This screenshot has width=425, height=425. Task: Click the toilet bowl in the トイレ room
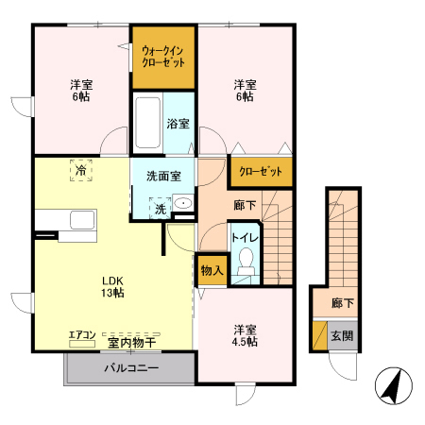point(246,262)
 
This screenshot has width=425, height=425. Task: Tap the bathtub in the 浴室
point(147,123)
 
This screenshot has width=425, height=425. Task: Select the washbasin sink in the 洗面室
point(183,203)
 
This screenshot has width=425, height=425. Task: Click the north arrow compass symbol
point(394,385)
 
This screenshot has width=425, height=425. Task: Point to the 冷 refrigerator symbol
point(81,170)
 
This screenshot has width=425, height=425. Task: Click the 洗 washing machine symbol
point(161,209)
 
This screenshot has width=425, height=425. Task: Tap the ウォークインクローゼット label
point(163,57)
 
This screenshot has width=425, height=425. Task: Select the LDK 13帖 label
point(112,287)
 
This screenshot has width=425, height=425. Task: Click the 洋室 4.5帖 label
point(245,335)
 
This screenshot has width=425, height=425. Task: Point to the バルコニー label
point(131,367)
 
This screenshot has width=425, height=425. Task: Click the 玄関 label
point(342,336)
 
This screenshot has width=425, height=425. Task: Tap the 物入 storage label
point(212,270)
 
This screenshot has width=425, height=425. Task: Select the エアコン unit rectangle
point(82,344)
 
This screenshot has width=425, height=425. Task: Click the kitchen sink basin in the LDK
point(82,219)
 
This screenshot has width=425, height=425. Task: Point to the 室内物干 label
point(131,343)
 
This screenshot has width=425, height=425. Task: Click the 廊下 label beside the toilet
point(245,205)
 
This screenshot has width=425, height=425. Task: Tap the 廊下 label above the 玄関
point(343,303)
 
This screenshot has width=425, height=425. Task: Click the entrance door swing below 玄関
point(342,366)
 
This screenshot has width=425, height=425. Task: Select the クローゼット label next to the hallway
point(261,172)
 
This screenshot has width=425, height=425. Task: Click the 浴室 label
point(178,124)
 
